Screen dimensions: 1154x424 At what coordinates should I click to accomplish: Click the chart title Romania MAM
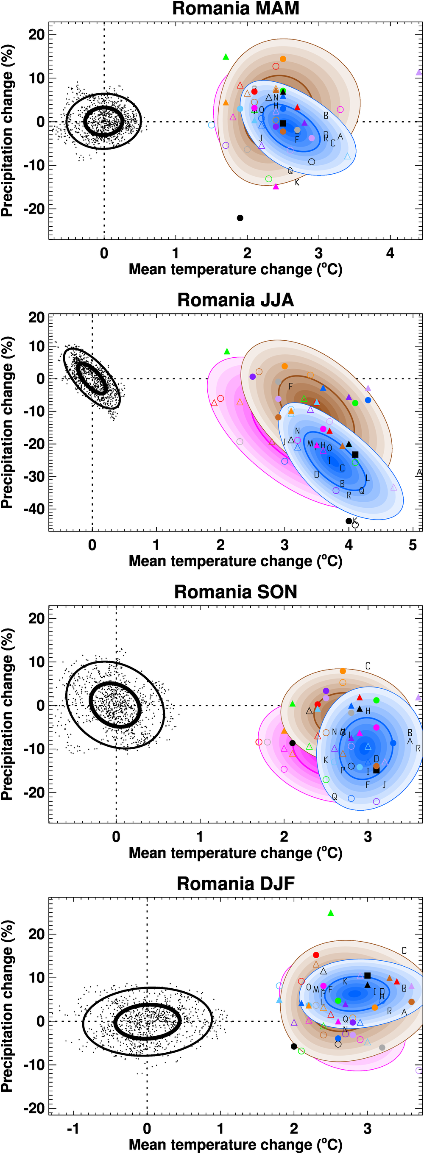tap(235, 8)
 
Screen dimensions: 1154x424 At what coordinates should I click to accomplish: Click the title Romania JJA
tap(235, 300)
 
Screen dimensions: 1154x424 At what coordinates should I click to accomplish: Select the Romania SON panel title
tap(235, 591)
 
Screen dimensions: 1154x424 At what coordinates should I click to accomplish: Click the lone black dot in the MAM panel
tap(240, 218)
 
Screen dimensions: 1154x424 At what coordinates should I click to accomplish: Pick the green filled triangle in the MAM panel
tap(226, 57)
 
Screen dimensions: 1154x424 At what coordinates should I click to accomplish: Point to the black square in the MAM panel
tap(283, 123)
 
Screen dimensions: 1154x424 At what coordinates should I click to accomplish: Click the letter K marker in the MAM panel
tap(297, 182)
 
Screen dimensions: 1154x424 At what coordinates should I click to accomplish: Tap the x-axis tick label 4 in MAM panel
tap(390, 253)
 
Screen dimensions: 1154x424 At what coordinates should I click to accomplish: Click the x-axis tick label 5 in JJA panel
tap(413, 545)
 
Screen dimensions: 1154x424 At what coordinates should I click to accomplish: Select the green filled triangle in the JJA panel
tap(227, 352)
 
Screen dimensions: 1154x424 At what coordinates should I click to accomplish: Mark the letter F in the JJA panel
tap(290, 386)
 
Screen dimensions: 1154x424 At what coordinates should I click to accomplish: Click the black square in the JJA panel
tap(355, 454)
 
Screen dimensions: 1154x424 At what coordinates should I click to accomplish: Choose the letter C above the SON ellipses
tap(368, 666)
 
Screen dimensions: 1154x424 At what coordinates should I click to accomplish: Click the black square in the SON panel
tap(377, 770)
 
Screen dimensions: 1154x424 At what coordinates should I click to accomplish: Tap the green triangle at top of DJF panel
tap(331, 913)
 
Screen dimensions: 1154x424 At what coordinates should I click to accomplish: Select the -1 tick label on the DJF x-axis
tap(73, 1128)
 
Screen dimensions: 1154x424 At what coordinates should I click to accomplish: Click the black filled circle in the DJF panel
tap(294, 1046)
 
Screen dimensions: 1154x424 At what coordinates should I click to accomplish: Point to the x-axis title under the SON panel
tap(235, 853)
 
